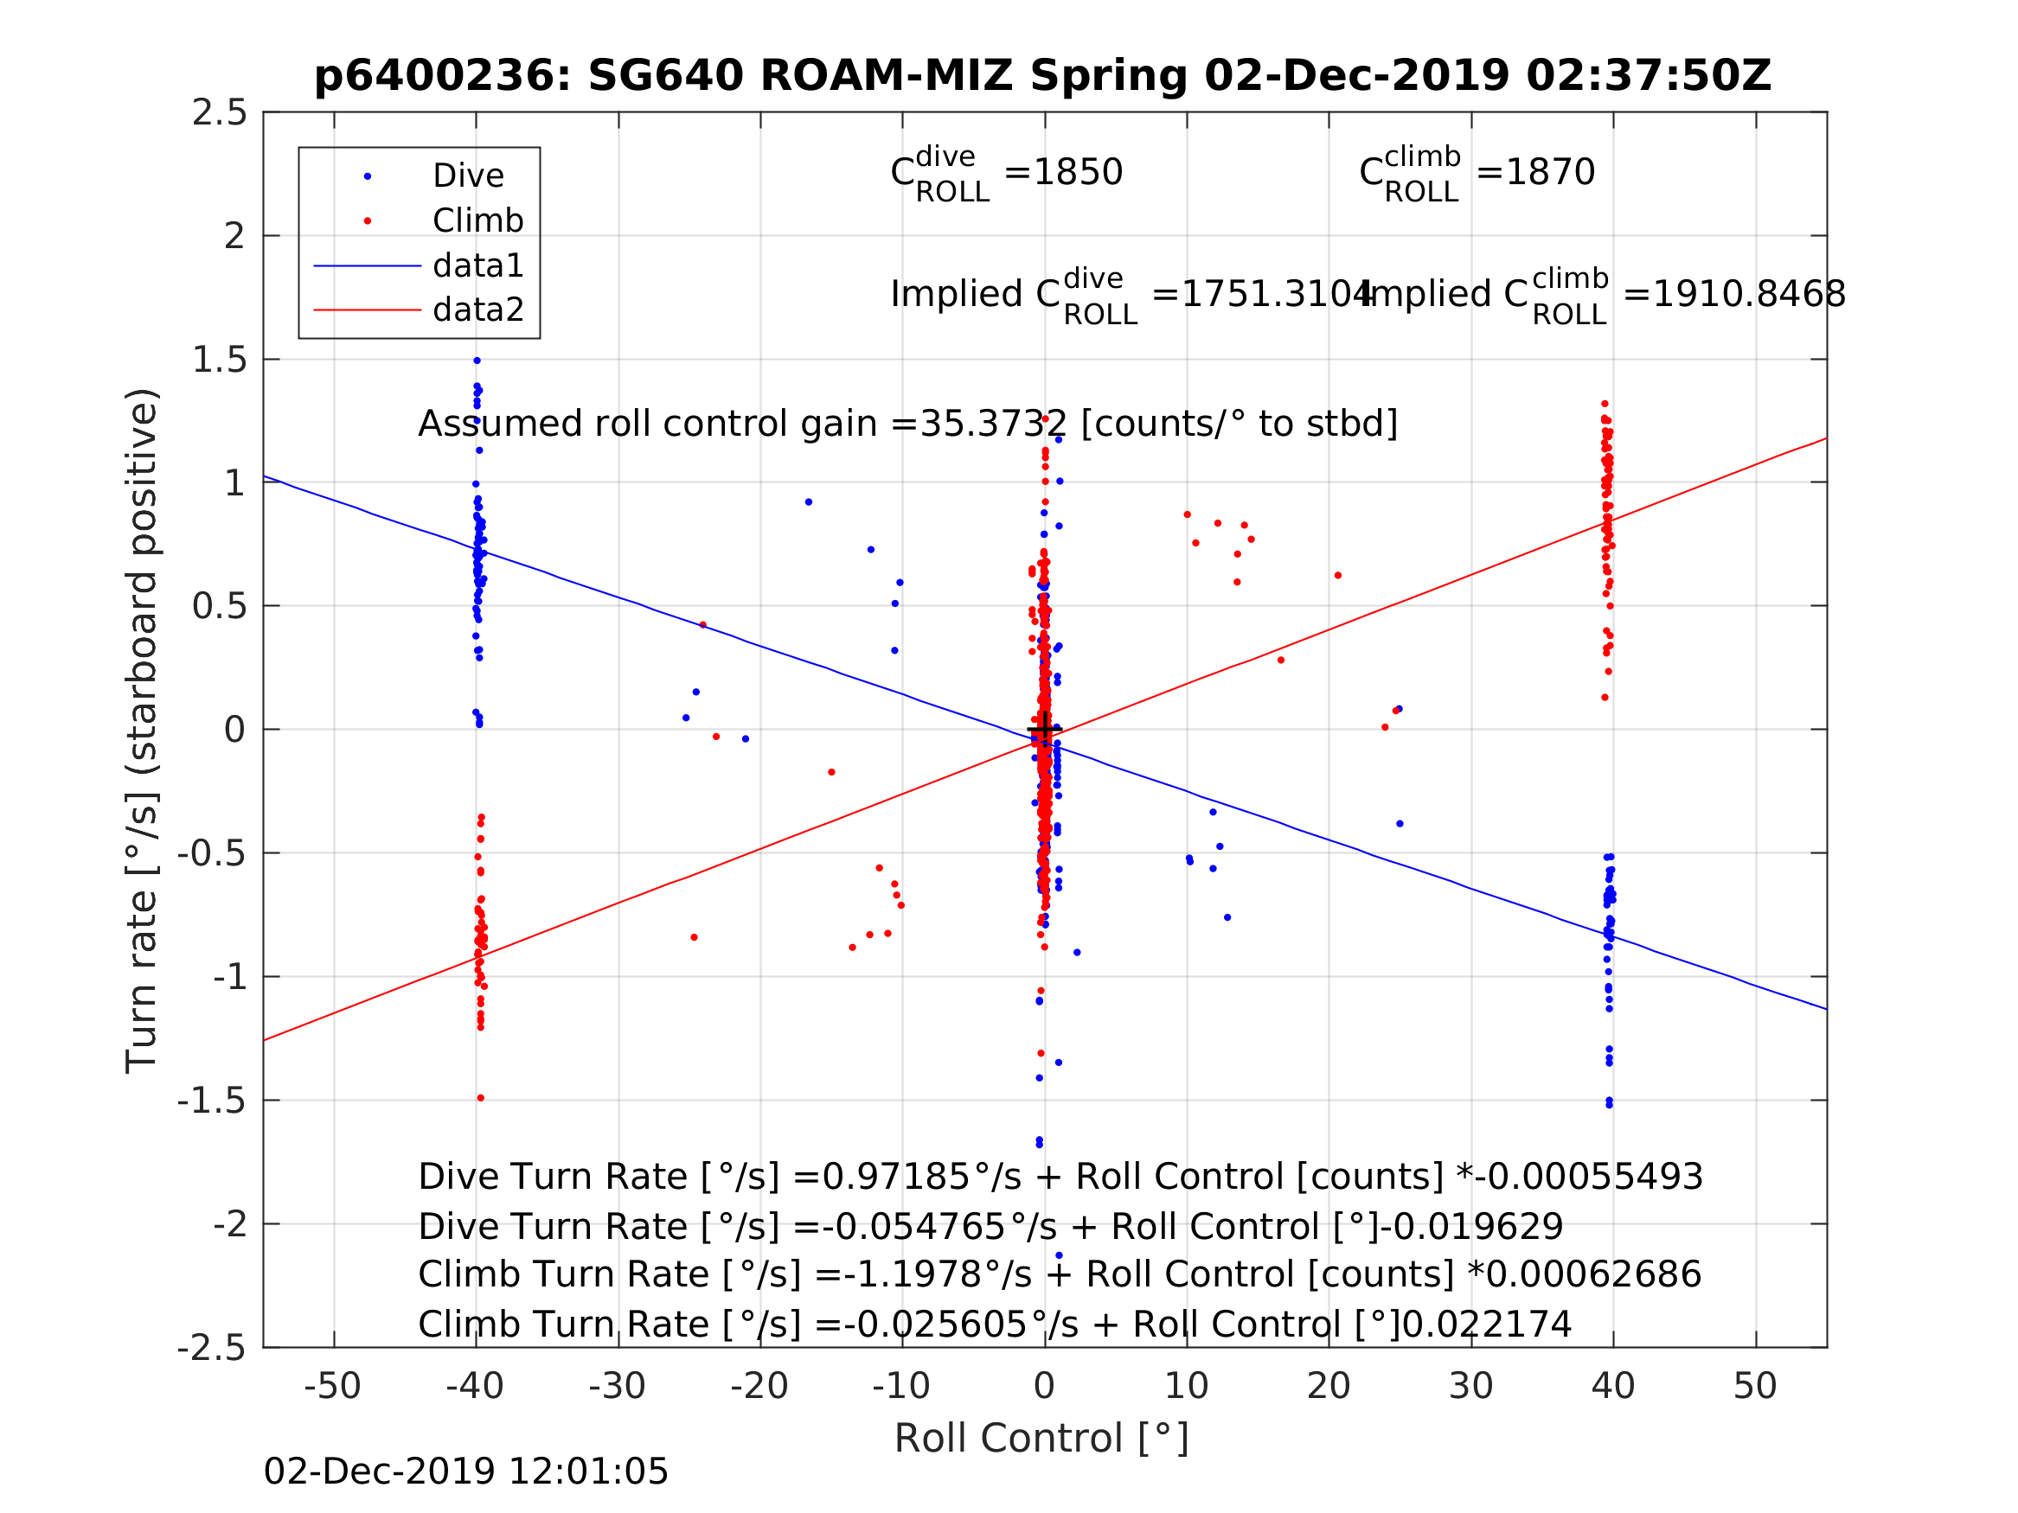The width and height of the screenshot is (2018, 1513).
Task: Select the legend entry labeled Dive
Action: (467, 176)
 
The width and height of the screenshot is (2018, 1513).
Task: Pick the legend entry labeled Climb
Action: (477, 220)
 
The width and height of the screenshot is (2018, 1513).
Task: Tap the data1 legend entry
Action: (478, 265)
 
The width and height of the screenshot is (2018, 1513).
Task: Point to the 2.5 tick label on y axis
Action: (219, 113)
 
